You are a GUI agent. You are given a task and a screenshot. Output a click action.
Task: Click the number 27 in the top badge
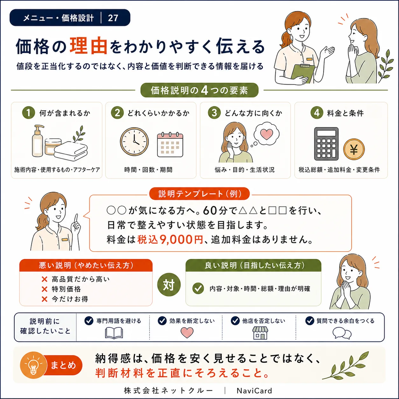113,18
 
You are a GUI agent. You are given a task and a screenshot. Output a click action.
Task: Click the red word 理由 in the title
88,46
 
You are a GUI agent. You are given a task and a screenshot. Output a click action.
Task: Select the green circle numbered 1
29,113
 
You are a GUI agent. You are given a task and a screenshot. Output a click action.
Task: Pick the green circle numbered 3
214,113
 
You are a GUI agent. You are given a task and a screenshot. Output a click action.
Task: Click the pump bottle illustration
38,141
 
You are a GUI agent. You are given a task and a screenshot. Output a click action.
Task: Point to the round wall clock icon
134,142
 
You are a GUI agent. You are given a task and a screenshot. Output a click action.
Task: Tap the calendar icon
170,144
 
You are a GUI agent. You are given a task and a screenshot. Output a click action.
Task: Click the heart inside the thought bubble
267,134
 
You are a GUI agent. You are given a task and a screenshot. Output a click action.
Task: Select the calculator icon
326,144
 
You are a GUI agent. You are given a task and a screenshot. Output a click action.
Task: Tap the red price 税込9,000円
170,240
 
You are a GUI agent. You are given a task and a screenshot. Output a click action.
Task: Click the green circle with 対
169,284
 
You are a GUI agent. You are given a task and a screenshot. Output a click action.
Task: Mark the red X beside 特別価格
45,289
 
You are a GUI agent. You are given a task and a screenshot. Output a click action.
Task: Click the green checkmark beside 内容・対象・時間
198,288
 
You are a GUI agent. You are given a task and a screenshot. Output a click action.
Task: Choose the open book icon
114,333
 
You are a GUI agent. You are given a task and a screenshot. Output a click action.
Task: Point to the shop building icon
260,333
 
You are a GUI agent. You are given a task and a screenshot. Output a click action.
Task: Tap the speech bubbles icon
342,333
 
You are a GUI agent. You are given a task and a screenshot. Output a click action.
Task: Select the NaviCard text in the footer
254,391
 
